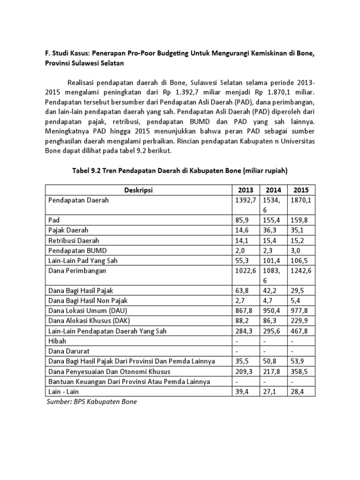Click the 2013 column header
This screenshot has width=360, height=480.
(246, 190)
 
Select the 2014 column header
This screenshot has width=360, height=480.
(273, 190)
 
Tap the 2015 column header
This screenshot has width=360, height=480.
(301, 190)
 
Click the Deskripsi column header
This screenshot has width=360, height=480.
(139, 190)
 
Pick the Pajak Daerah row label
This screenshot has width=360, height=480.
(68, 230)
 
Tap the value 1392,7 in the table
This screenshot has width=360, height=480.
(246, 200)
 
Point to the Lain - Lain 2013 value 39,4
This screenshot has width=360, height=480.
(242, 391)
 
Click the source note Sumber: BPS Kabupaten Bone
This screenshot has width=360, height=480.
(91, 402)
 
